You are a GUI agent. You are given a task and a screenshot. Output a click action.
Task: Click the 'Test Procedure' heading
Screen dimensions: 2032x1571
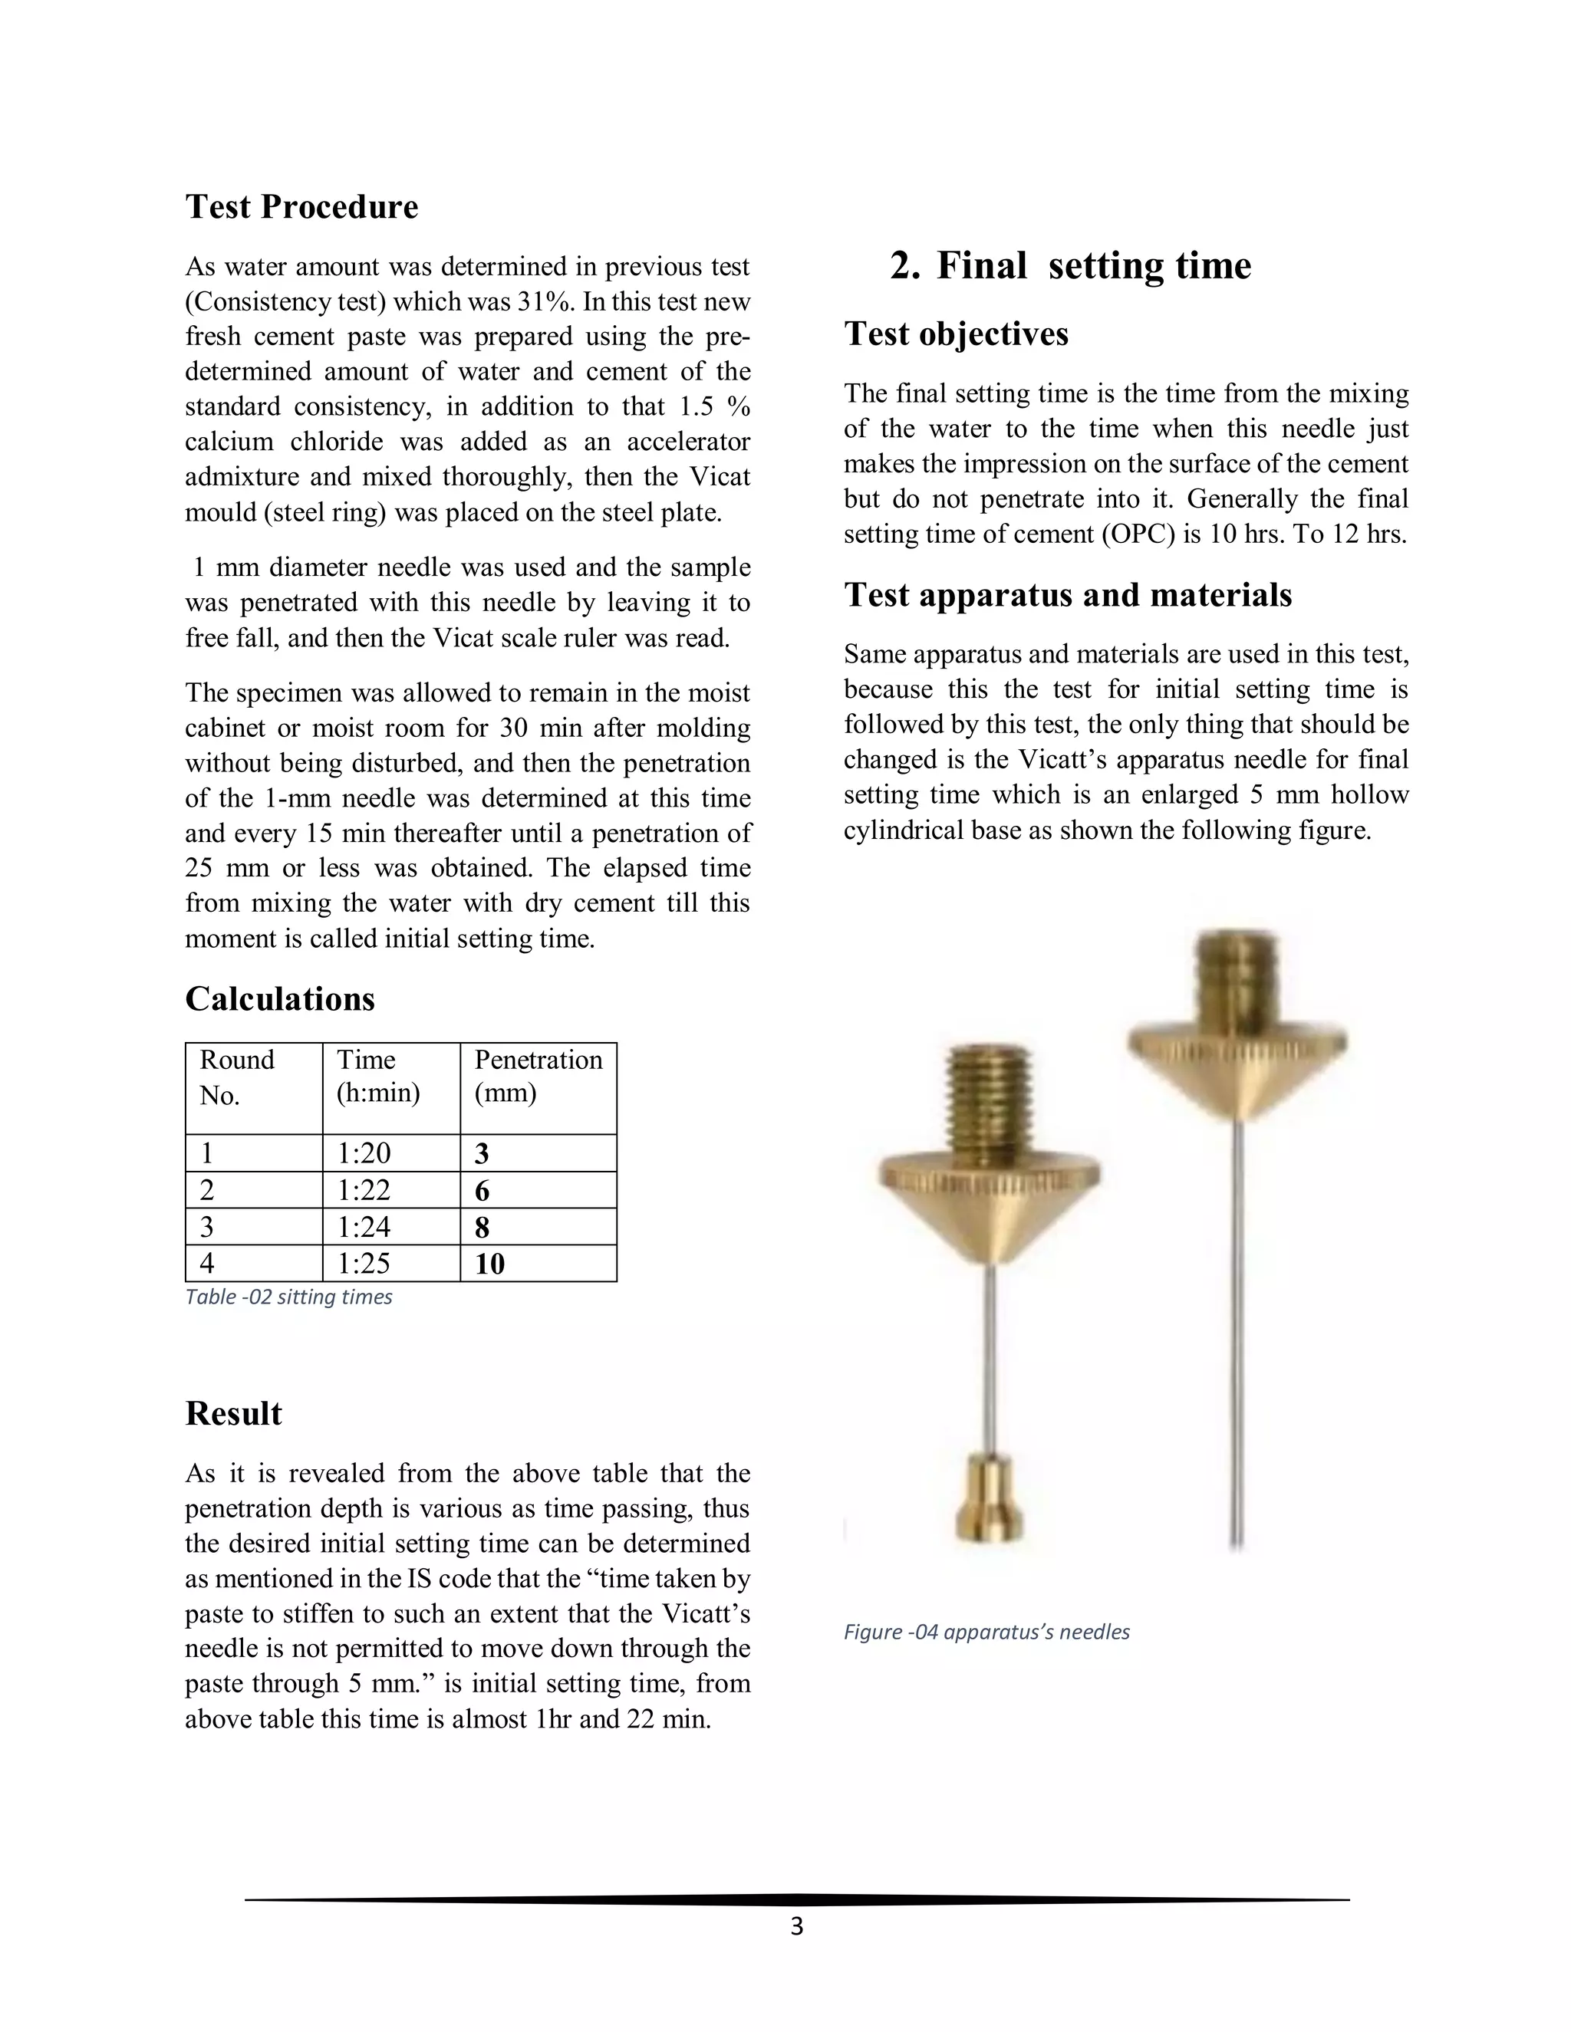[301, 206]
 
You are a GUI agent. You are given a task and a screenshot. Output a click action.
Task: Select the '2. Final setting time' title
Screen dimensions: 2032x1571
[1070, 266]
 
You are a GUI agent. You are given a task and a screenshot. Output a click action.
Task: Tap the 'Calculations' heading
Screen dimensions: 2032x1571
[280, 999]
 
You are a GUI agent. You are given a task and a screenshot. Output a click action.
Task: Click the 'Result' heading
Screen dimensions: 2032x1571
[234, 1413]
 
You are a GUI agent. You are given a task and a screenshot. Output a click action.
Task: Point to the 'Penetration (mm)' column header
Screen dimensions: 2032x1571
[538, 1076]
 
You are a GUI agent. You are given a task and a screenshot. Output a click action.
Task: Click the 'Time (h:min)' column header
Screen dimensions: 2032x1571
[378, 1076]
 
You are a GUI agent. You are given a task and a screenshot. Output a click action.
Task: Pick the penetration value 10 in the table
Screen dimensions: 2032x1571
[489, 1264]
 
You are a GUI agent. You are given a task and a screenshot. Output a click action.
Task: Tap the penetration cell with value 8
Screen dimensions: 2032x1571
[482, 1227]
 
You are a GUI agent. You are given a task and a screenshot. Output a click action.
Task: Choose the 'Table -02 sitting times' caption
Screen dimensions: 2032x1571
[288, 1297]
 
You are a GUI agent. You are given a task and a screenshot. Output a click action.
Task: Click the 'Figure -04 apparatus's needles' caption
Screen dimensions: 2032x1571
[986, 1632]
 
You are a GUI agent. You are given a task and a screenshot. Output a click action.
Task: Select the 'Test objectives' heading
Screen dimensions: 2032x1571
[956, 334]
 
